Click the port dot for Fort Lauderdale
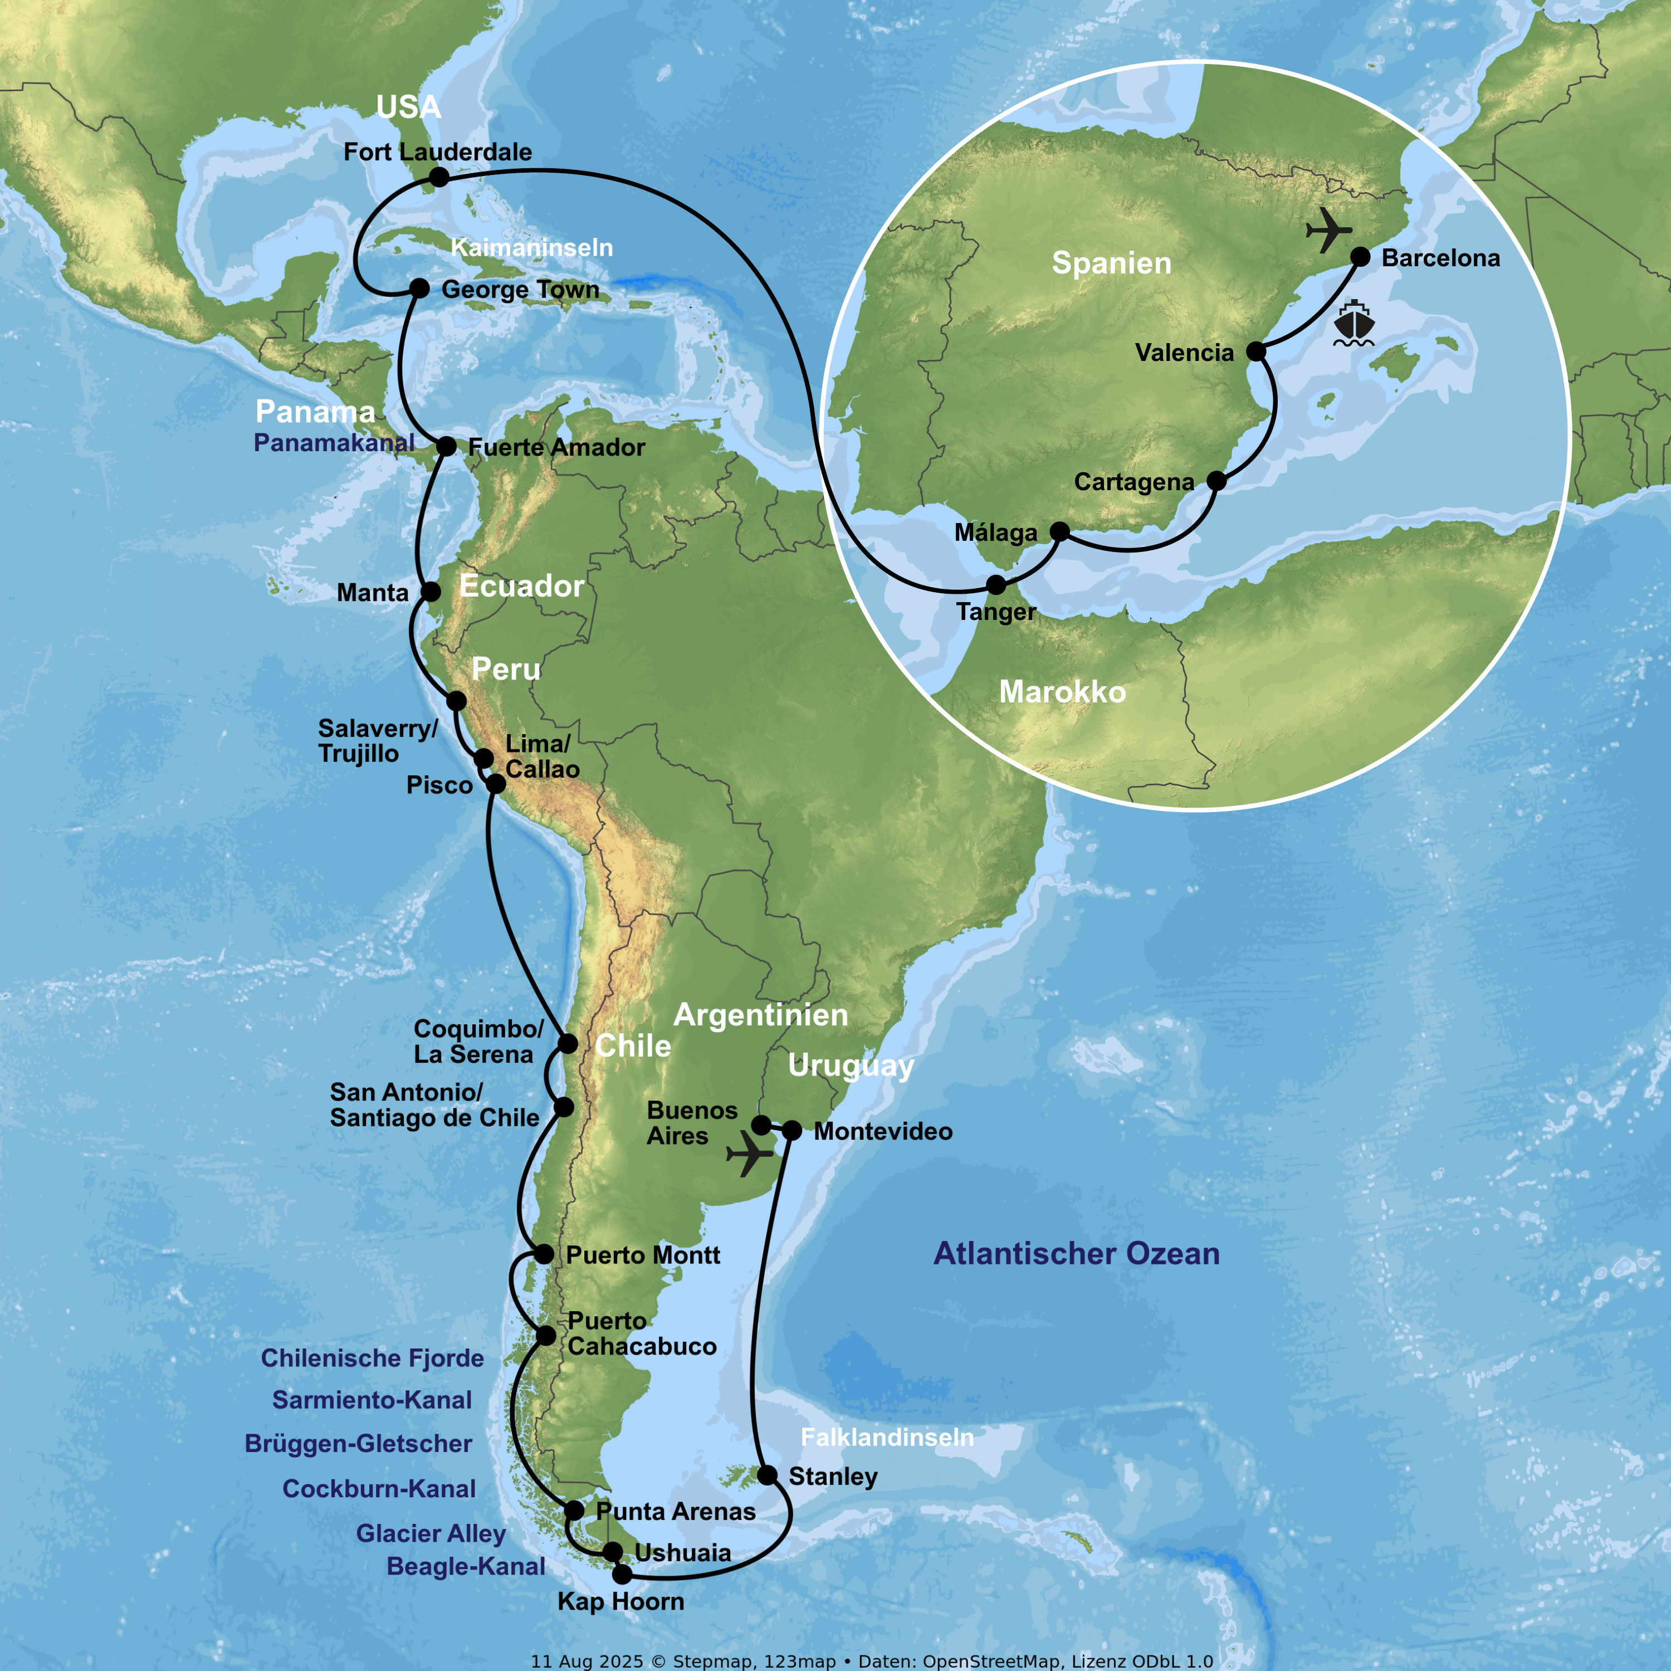(439, 177)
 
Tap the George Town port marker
(419, 288)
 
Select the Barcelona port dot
(1360, 257)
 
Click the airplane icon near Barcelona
(1328, 230)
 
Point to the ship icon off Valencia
(1354, 324)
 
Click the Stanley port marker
(767, 1475)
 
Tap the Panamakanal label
(334, 443)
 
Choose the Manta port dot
(431, 592)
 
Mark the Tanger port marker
(996, 585)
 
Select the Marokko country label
(1062, 692)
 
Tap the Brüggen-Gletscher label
(358, 1444)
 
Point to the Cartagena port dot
(1216, 481)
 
